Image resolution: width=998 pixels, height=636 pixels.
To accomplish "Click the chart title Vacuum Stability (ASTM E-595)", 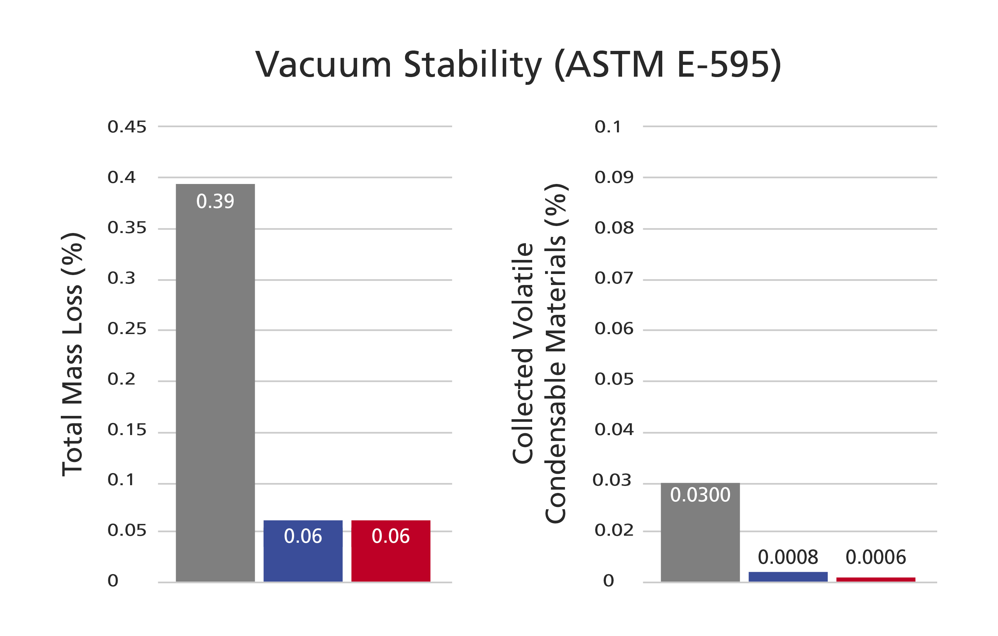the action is click(518, 64).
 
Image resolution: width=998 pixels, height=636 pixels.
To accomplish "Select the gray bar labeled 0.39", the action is click(215, 383).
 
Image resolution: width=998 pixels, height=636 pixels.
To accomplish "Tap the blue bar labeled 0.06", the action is click(303, 551).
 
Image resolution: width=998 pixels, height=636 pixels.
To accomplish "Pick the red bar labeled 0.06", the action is click(391, 551).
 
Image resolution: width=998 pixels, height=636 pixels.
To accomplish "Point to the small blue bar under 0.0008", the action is click(788, 577).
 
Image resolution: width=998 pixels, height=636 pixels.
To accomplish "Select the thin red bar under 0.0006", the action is click(876, 579).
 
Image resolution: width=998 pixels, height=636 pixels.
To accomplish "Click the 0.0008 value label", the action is click(788, 557).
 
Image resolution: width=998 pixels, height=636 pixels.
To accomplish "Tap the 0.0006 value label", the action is click(876, 557).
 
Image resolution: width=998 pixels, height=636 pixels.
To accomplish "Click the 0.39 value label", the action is click(215, 202).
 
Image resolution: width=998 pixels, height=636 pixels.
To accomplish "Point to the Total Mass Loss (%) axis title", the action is click(73, 354).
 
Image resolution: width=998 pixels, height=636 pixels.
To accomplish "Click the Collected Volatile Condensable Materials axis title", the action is click(540, 353).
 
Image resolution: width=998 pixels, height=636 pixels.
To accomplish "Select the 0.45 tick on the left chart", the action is click(127, 127).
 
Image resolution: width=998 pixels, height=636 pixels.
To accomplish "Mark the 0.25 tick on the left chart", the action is click(127, 329).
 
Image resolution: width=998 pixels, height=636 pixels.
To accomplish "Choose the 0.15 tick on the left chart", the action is click(127, 430).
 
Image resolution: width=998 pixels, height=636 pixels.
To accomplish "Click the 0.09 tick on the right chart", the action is click(614, 177).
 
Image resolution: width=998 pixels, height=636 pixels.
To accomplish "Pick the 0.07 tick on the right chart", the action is click(614, 278).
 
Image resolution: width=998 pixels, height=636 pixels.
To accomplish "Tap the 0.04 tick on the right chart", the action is click(614, 430).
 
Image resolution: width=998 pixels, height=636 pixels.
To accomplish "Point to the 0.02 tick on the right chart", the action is click(614, 530).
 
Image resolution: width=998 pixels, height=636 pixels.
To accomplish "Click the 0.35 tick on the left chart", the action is click(127, 228).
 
